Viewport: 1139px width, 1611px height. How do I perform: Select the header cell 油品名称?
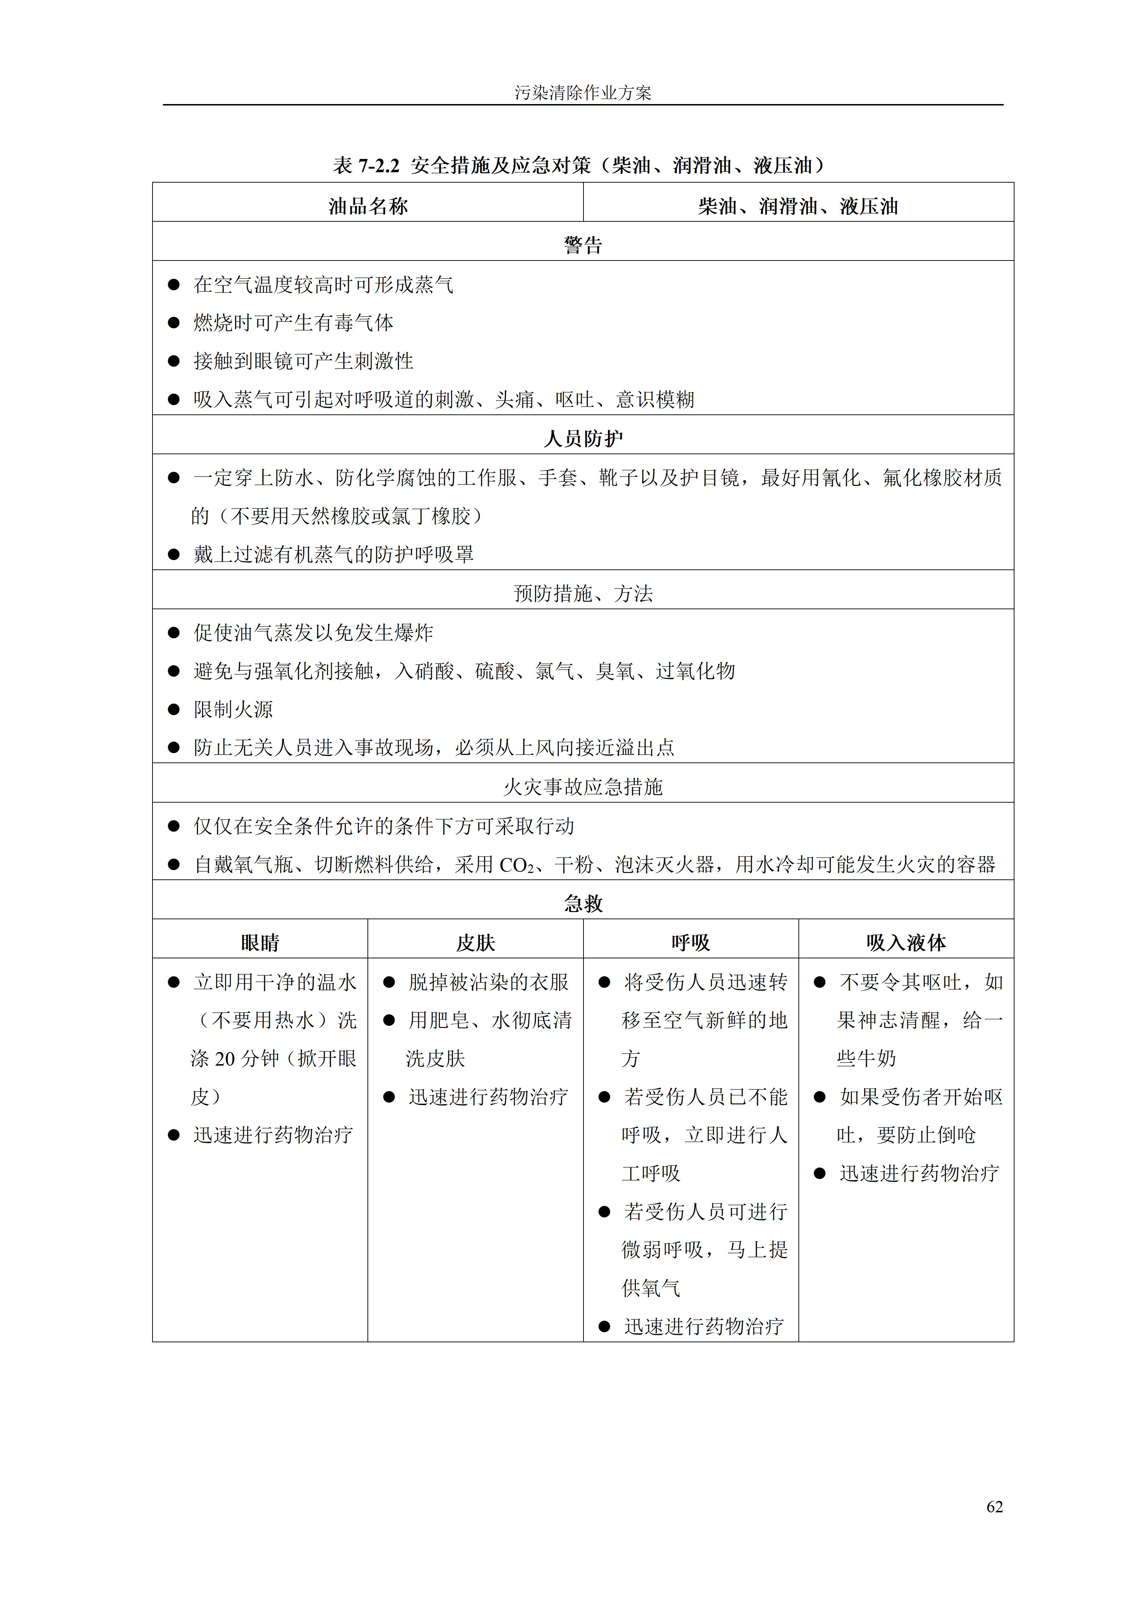368,206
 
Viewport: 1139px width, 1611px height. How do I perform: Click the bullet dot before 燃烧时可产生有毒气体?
174,323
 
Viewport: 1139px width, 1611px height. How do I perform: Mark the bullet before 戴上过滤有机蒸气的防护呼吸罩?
174,554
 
